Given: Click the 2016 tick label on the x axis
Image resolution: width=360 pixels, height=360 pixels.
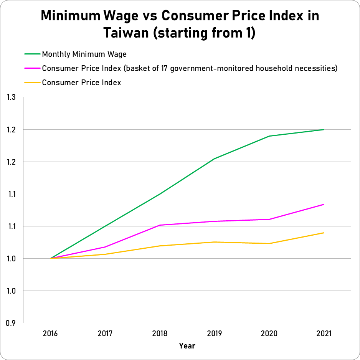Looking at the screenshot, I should pos(50,334).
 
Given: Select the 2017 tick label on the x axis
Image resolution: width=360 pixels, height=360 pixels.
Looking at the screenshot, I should pos(105,334).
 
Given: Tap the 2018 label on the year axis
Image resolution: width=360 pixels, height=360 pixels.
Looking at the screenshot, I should pos(160,334).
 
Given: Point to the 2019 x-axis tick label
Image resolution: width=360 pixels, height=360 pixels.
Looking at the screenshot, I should pos(214,334).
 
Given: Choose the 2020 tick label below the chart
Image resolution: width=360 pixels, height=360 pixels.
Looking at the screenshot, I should pos(269,334).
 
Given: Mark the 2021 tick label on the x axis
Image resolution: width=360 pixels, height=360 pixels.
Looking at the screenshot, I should pos(324,334).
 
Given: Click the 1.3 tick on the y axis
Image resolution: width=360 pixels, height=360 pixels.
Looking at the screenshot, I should pos(11,97).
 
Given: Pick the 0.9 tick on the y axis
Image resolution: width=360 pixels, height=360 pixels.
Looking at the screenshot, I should pos(11,323).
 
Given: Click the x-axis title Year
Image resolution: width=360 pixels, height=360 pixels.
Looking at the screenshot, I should pos(187,346).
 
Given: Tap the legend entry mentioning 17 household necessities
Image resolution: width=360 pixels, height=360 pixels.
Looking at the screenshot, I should pos(190,68).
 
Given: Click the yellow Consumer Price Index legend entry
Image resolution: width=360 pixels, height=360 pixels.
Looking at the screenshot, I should pos(81,83).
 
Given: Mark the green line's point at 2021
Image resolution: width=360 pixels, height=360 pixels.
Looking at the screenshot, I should pos(324,130).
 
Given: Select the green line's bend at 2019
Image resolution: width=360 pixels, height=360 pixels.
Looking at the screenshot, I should pos(215,159).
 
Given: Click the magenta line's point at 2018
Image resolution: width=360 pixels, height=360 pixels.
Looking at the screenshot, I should pos(160,225).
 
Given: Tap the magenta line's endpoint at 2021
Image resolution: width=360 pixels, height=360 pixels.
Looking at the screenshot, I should pos(324,204).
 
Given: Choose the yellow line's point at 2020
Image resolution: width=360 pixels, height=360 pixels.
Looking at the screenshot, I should pos(269,244).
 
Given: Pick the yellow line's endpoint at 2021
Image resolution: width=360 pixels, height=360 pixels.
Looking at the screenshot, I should pos(324,233).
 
